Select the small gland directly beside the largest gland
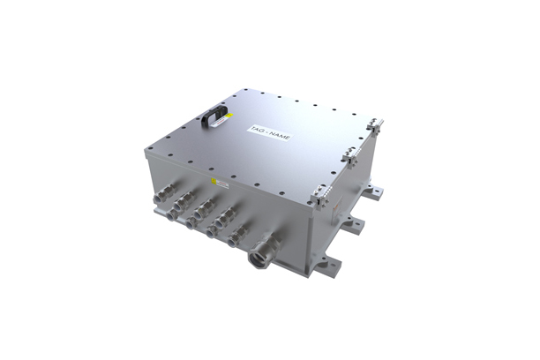pos(236,236)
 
